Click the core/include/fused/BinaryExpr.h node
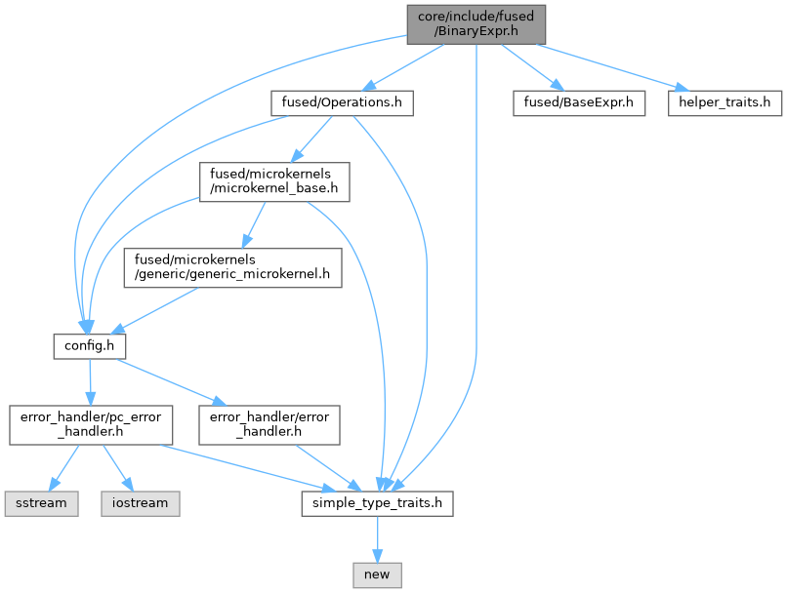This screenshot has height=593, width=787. [476, 22]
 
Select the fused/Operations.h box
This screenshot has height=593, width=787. [342, 102]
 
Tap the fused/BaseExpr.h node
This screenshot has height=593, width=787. [579, 102]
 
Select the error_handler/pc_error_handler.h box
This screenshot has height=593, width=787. [91, 424]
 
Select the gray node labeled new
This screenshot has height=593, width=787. [376, 574]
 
